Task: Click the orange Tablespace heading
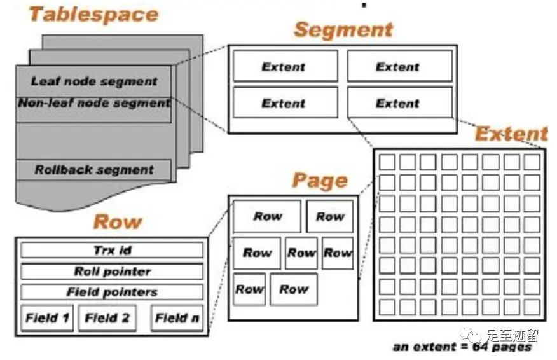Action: click(x=93, y=14)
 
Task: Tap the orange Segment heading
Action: click(x=343, y=29)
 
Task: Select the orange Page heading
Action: click(x=319, y=181)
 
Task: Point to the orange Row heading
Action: click(x=117, y=222)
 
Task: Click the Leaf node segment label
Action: click(x=94, y=81)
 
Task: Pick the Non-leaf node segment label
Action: click(x=94, y=103)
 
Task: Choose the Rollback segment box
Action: click(x=94, y=170)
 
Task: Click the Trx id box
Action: click(x=112, y=250)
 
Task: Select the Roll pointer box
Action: click(x=112, y=271)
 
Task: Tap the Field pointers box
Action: click(x=112, y=292)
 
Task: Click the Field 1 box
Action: click(x=47, y=317)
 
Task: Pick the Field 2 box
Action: click(x=107, y=317)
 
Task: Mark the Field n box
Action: click(x=176, y=317)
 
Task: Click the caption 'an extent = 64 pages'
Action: click(x=462, y=347)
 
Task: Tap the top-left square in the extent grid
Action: click(x=387, y=162)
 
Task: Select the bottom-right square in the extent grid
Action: click(x=532, y=307)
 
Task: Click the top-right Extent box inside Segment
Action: click(x=399, y=66)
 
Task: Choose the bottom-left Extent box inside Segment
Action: click(x=284, y=102)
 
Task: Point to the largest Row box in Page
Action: click(x=267, y=216)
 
